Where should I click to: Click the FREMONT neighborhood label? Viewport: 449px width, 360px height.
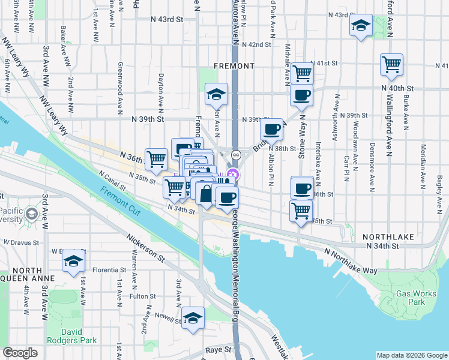pos(235,65)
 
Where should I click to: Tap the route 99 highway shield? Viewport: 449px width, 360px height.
pos(237,155)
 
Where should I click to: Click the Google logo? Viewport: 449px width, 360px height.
pos(20,353)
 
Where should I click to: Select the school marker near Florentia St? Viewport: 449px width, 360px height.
pos(73,261)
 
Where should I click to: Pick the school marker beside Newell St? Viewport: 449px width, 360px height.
pos(193,318)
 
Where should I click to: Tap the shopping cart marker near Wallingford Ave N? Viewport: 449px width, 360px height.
pos(391,64)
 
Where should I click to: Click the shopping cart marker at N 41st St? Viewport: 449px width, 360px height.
pos(302,73)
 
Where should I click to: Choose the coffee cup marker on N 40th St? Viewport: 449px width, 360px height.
pos(301,94)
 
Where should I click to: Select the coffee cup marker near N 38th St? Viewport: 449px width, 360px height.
pos(271,128)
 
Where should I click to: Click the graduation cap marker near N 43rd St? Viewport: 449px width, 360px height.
pos(360,26)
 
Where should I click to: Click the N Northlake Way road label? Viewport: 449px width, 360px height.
pos(351,262)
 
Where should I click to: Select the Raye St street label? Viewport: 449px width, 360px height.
pos(218,349)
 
